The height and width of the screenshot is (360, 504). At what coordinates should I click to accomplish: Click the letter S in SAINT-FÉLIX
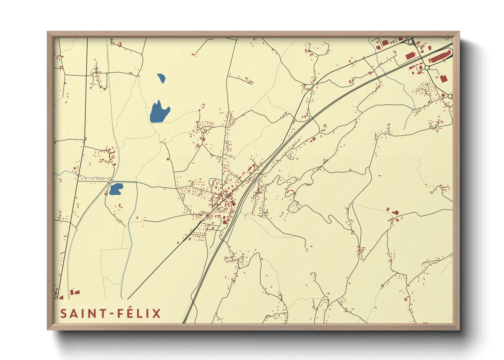(x=63, y=313)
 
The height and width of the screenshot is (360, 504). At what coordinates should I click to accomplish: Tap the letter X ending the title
(x=156, y=313)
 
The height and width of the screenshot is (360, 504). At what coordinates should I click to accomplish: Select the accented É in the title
(x=129, y=313)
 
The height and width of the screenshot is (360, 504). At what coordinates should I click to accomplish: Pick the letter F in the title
(x=120, y=313)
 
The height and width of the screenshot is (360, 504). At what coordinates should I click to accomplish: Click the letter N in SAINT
(x=91, y=313)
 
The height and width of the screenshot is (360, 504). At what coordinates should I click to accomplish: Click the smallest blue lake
(x=161, y=78)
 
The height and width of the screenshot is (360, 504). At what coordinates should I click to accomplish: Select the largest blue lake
(x=159, y=112)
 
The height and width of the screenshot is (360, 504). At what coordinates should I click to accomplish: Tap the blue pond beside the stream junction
(x=115, y=189)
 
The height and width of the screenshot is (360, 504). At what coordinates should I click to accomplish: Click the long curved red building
(x=439, y=56)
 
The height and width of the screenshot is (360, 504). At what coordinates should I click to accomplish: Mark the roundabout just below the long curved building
(x=427, y=68)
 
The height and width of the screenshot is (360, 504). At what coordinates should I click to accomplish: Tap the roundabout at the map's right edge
(x=450, y=96)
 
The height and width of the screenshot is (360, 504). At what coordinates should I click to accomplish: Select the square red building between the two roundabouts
(x=443, y=79)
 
